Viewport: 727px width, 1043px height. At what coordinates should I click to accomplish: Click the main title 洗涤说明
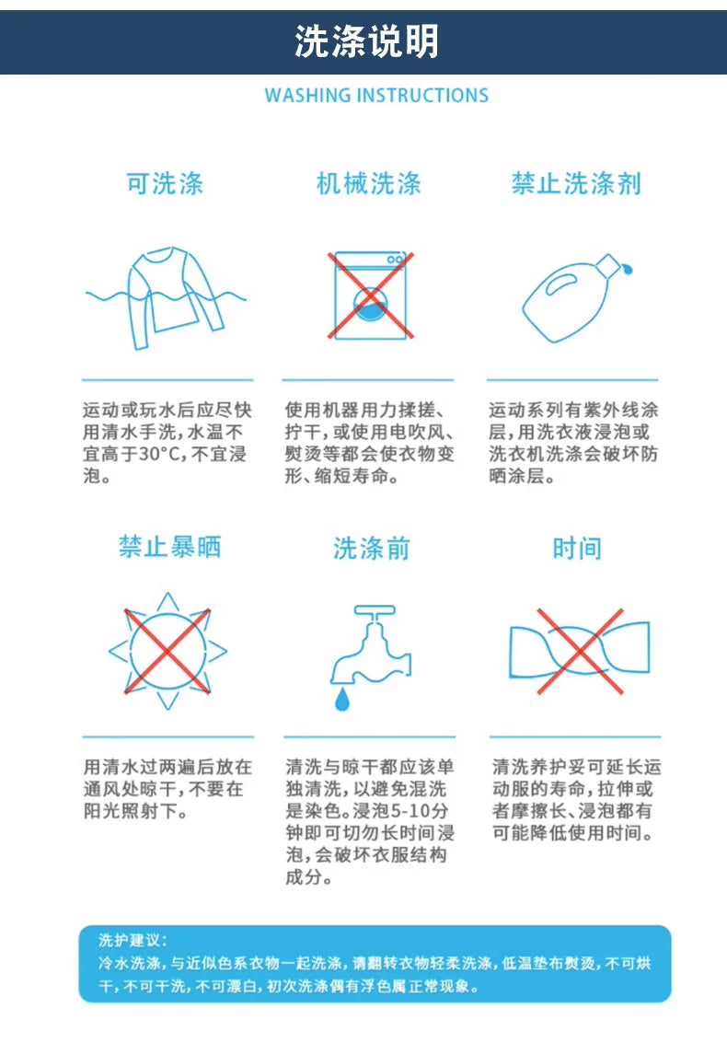[x=366, y=41]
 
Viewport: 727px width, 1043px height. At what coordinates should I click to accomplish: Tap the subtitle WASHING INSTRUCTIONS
[x=376, y=95]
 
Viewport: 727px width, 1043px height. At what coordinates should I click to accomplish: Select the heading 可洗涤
[x=165, y=183]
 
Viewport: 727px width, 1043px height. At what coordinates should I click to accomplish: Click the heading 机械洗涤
[x=368, y=183]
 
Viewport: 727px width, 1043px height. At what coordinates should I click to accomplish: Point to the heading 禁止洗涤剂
[x=576, y=183]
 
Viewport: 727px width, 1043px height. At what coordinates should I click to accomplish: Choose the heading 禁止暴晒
[x=169, y=547]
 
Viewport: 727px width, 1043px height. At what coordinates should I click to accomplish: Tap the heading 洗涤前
[x=371, y=548]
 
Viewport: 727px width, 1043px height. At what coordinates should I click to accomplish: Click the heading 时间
[x=577, y=548]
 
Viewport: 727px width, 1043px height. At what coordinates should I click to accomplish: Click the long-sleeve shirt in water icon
[x=167, y=297]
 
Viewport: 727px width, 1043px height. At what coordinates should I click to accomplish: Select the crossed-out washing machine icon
[x=371, y=295]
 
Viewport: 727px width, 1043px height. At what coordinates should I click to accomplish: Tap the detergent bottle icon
[x=576, y=297]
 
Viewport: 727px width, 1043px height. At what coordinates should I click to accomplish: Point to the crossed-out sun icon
[x=167, y=651]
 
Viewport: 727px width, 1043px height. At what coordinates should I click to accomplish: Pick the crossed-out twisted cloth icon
[x=580, y=651]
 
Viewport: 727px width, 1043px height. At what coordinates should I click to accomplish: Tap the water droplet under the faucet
[x=342, y=699]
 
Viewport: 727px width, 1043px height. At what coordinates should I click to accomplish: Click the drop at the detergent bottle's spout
[x=628, y=270]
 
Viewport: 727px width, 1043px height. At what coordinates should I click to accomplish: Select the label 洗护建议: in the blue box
[x=133, y=940]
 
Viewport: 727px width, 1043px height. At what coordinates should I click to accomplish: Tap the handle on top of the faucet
[x=375, y=610]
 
